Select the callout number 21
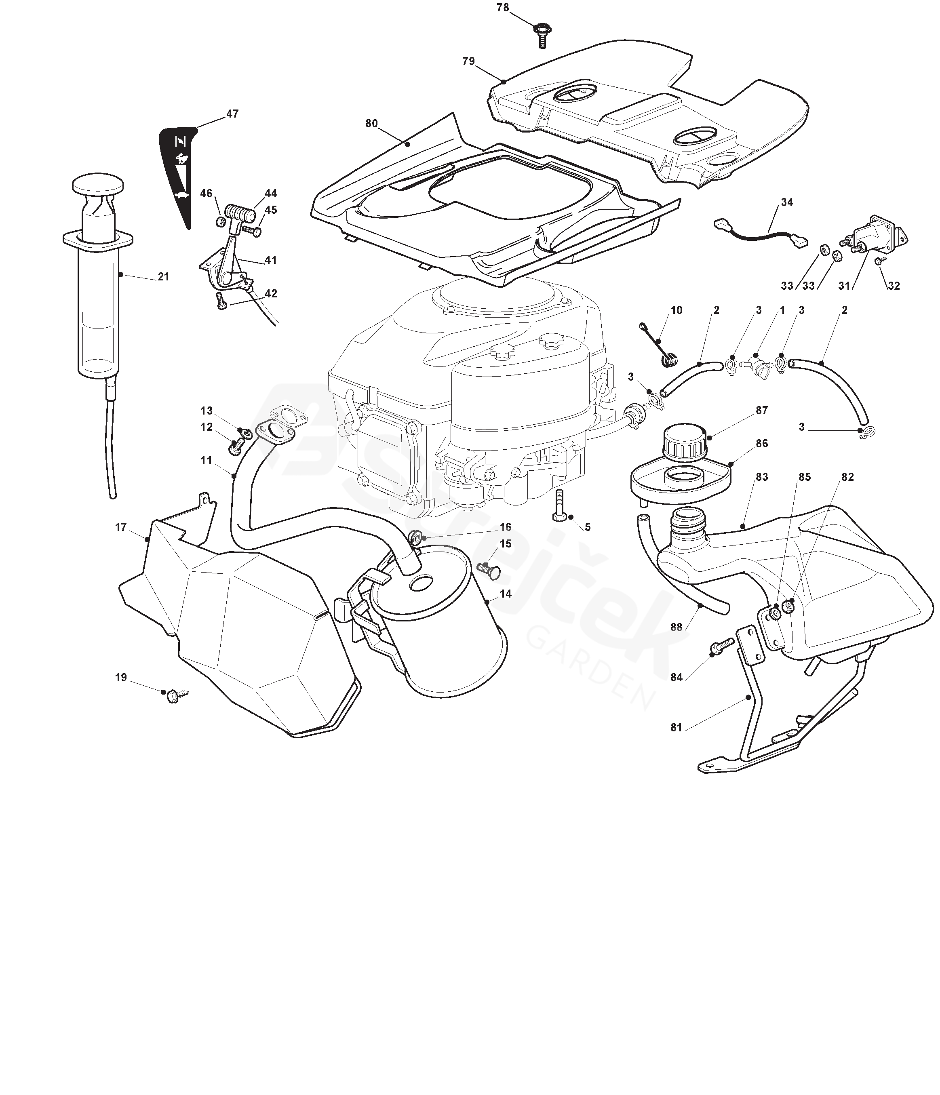point(163,276)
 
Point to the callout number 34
point(787,202)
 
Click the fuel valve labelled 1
point(760,366)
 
